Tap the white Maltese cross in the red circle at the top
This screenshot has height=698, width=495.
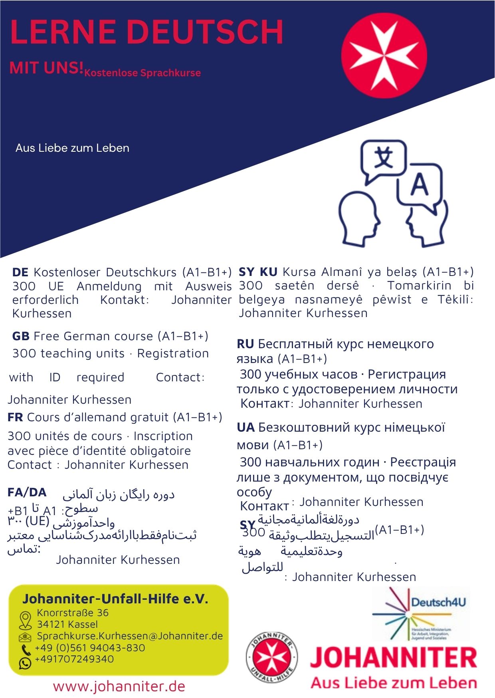384,55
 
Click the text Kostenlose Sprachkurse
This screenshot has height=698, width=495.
143,73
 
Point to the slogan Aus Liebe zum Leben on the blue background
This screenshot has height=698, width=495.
72,148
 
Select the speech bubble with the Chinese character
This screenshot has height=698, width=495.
383,159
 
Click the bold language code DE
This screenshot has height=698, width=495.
20,272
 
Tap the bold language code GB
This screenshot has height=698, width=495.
21,336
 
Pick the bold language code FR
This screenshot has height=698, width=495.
15,417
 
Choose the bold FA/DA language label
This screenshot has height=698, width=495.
27,492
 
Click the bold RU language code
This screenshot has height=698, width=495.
245,344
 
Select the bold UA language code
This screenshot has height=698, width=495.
246,428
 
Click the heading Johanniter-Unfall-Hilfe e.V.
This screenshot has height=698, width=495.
115,599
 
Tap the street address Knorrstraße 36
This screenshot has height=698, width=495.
73,613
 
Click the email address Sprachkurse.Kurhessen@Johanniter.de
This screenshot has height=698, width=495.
130,636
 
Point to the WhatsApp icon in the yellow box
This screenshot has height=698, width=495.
25,663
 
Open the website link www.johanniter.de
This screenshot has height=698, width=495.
119,686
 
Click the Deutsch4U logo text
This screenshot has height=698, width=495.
438,602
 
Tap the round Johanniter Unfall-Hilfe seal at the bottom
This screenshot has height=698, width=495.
271,657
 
